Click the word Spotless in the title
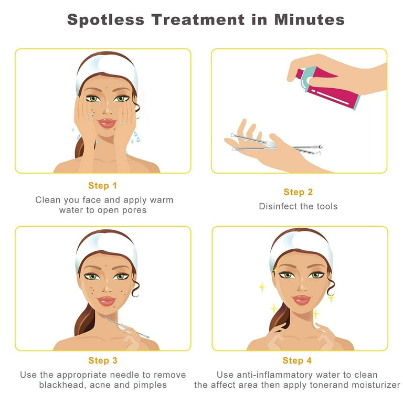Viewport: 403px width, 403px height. [105, 20]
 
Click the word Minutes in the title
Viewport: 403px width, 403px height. [309, 20]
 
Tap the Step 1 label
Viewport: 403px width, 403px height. [102, 186]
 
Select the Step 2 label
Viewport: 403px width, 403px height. [298, 192]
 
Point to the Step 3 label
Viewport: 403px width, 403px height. [102, 360]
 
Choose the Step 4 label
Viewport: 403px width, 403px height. [297, 360]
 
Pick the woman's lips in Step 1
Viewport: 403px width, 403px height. [107, 123]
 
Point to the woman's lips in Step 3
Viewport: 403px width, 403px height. [107, 301]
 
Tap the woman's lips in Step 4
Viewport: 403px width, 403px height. [301, 300]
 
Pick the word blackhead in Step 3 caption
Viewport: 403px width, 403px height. [62, 385]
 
